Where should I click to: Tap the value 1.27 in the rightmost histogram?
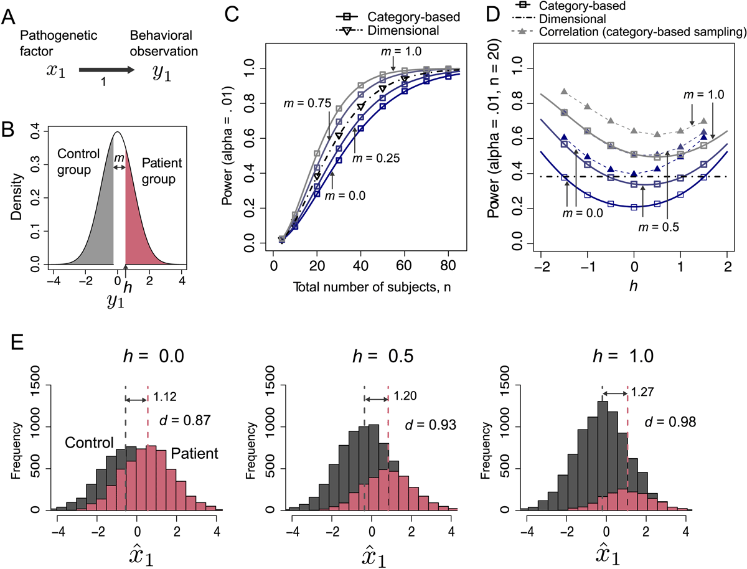[x=642, y=392]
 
